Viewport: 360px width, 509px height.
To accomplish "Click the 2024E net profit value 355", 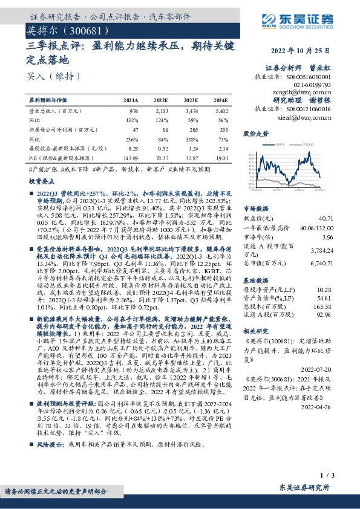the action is pyautogui.click(x=224, y=129).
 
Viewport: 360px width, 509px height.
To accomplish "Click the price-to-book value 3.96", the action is pyautogui.click(x=327, y=238).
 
